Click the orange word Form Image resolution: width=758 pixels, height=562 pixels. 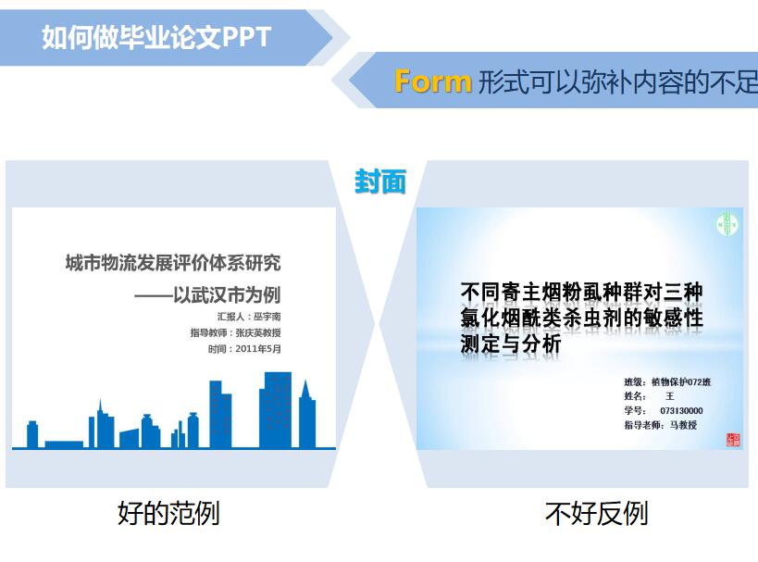point(432,81)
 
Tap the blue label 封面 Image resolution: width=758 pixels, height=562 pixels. point(379,181)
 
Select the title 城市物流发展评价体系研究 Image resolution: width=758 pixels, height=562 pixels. point(172,263)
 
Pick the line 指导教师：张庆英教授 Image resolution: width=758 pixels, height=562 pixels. point(235,332)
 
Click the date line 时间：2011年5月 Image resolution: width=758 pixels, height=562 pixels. point(244,349)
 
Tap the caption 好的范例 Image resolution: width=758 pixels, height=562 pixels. point(168,513)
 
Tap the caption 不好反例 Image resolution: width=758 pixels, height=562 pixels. point(596,513)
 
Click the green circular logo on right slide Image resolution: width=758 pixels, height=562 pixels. point(727,224)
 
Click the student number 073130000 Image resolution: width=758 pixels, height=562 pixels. point(681,410)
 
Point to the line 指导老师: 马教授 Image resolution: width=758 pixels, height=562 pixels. point(660,425)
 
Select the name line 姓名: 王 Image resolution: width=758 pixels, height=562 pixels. point(649,396)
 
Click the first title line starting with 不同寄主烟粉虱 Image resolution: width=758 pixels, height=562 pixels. point(581,293)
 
